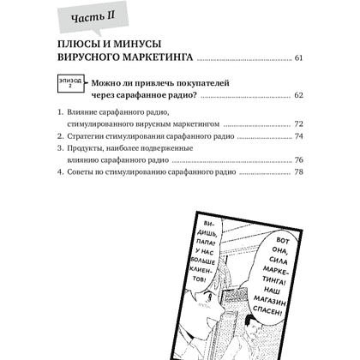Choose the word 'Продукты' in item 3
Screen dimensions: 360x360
(x=87, y=148)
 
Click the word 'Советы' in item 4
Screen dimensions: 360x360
(x=82, y=172)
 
